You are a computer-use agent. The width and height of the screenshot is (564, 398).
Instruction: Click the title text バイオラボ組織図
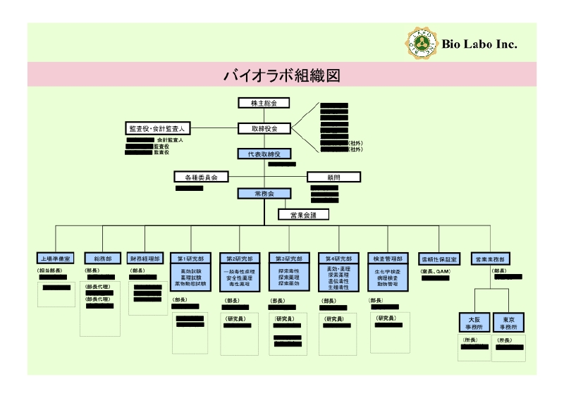coord(282,75)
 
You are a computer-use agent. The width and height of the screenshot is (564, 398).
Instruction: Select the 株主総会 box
coord(264,104)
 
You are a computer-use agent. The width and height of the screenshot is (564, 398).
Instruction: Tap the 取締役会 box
coord(264,129)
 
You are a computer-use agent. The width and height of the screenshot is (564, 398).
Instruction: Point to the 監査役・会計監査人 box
coord(157,129)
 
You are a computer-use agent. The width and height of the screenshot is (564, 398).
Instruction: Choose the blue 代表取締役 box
coord(264,154)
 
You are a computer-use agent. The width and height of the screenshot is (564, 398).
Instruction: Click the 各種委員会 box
coord(201,177)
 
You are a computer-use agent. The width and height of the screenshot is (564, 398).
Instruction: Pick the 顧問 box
coord(333,177)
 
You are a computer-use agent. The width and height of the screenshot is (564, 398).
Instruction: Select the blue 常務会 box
coord(264,194)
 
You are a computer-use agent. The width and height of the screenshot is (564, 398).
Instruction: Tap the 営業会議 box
coord(303,215)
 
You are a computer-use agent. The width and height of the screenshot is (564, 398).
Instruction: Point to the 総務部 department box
coord(102,259)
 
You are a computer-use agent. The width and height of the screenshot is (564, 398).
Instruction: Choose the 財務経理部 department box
coord(145,259)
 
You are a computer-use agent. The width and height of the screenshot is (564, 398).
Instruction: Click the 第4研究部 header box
coord(339,259)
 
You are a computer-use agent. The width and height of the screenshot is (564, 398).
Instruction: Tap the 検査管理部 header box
coord(388,259)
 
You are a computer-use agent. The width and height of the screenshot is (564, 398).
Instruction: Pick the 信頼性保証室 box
coord(439,259)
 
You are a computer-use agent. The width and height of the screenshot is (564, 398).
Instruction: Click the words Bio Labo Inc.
coord(479,44)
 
